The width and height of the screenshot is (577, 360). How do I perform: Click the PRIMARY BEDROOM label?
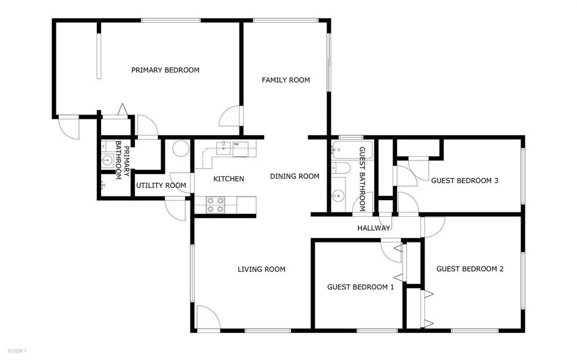pos(165,70)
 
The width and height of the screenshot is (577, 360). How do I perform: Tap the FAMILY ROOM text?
pos(285,80)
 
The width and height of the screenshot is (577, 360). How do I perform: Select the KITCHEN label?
pos(228,179)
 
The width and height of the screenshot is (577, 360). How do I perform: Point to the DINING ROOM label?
pos(295,176)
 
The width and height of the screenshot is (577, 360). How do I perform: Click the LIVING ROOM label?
pos(262,269)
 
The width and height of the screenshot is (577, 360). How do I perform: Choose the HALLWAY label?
pos(374,228)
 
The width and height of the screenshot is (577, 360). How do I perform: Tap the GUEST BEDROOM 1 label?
pos(360,287)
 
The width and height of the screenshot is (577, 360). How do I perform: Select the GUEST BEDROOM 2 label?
pos(470,268)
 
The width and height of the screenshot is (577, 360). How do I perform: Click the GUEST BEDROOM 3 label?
pos(464,180)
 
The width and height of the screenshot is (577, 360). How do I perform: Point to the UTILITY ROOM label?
pos(161,186)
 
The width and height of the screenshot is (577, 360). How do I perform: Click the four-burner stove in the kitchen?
pos(214,204)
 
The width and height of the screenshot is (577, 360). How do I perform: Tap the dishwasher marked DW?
pos(236,146)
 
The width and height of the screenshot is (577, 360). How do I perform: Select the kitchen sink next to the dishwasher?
pos(224,146)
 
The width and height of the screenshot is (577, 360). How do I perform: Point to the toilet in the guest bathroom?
pos(341,168)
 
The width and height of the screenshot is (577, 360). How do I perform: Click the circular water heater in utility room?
pos(180,149)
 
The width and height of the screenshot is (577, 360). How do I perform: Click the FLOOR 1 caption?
pos(16,351)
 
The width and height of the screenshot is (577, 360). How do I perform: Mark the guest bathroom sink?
pos(338,196)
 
